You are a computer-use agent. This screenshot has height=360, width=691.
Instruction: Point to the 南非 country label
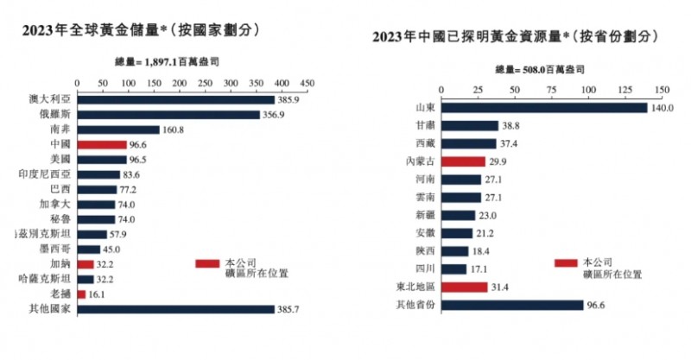[60, 129]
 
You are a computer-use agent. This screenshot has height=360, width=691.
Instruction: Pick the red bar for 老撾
[82, 294]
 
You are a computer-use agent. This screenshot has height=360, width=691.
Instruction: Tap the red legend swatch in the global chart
[207, 262]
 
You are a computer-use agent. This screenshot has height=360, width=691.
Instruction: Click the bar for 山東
[544, 108]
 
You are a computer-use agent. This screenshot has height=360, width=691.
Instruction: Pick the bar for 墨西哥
[89, 249]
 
